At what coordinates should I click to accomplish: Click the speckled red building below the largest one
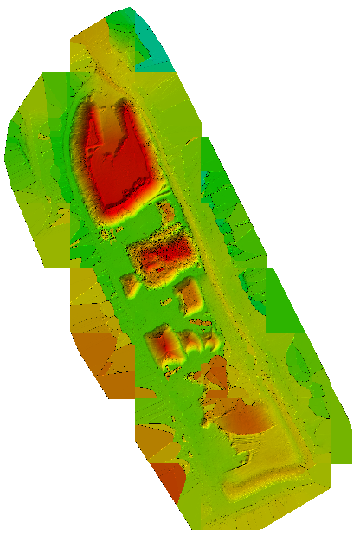click(x=163, y=255)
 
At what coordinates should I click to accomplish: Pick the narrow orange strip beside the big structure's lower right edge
click(x=164, y=212)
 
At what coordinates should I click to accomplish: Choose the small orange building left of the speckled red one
click(x=131, y=284)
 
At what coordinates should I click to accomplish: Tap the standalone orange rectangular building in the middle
click(x=190, y=297)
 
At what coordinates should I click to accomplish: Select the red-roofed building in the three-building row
click(x=167, y=347)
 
